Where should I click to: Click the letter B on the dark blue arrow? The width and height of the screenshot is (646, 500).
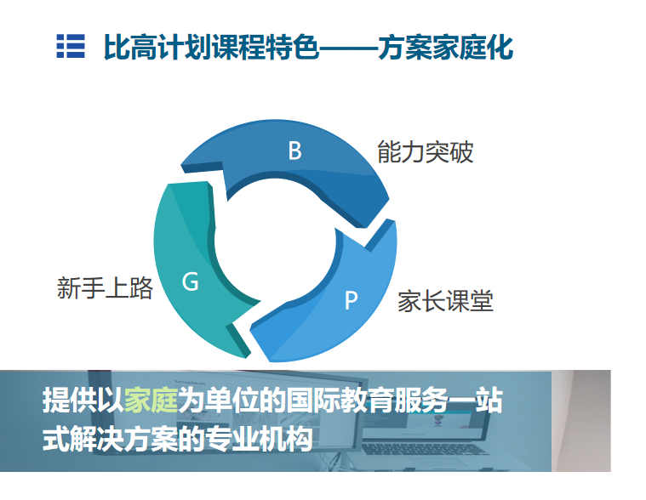tap(295, 151)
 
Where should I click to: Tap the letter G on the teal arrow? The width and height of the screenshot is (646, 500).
tap(191, 282)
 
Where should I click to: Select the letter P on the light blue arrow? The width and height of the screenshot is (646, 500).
tap(351, 300)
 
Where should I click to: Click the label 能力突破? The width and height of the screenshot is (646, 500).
tap(426, 152)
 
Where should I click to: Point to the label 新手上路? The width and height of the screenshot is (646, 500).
tap(105, 287)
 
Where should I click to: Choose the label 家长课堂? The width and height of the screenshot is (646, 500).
tap(445, 301)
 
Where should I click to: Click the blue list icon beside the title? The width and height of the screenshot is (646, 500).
tap(71, 46)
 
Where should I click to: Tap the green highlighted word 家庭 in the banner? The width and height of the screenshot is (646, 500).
tap(151, 400)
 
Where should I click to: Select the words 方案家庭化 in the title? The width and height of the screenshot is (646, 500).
tap(446, 47)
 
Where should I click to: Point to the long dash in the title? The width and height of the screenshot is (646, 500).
tap(349, 48)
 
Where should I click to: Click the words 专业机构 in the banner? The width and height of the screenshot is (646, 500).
tap(259, 439)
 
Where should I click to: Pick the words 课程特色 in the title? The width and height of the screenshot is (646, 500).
tap(266, 47)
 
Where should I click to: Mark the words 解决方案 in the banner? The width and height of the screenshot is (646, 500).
tap(123, 439)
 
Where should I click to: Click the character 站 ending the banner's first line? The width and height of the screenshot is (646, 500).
tap(489, 400)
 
